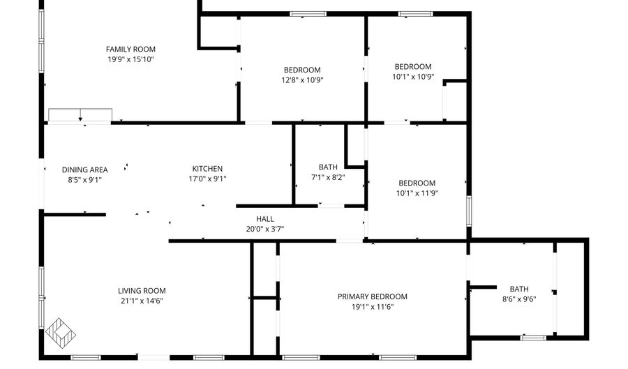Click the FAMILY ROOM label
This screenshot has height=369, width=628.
point(130,49)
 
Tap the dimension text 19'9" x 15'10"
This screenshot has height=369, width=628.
point(130,59)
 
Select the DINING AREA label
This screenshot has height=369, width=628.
point(84,170)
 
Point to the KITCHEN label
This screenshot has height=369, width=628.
point(207,169)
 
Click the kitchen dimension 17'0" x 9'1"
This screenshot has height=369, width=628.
point(207,179)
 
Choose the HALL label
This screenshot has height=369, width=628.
point(264,218)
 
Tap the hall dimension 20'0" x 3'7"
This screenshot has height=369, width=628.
point(264,228)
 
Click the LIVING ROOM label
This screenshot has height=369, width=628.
point(142,291)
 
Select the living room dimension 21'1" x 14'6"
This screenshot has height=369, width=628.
point(142,301)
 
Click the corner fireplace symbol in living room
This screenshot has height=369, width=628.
point(61,331)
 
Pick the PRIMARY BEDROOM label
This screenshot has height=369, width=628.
point(373,296)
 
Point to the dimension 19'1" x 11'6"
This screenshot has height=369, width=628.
point(373,306)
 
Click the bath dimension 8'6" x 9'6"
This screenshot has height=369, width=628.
point(519,299)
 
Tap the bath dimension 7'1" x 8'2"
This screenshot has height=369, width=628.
point(328,177)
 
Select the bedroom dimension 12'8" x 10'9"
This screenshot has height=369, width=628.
point(302,80)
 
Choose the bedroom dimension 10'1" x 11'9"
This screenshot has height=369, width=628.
point(416,193)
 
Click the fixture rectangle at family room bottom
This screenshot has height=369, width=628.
point(80,115)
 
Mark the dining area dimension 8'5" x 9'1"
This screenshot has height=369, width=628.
point(84,179)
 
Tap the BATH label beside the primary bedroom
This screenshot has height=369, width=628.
point(519,289)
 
